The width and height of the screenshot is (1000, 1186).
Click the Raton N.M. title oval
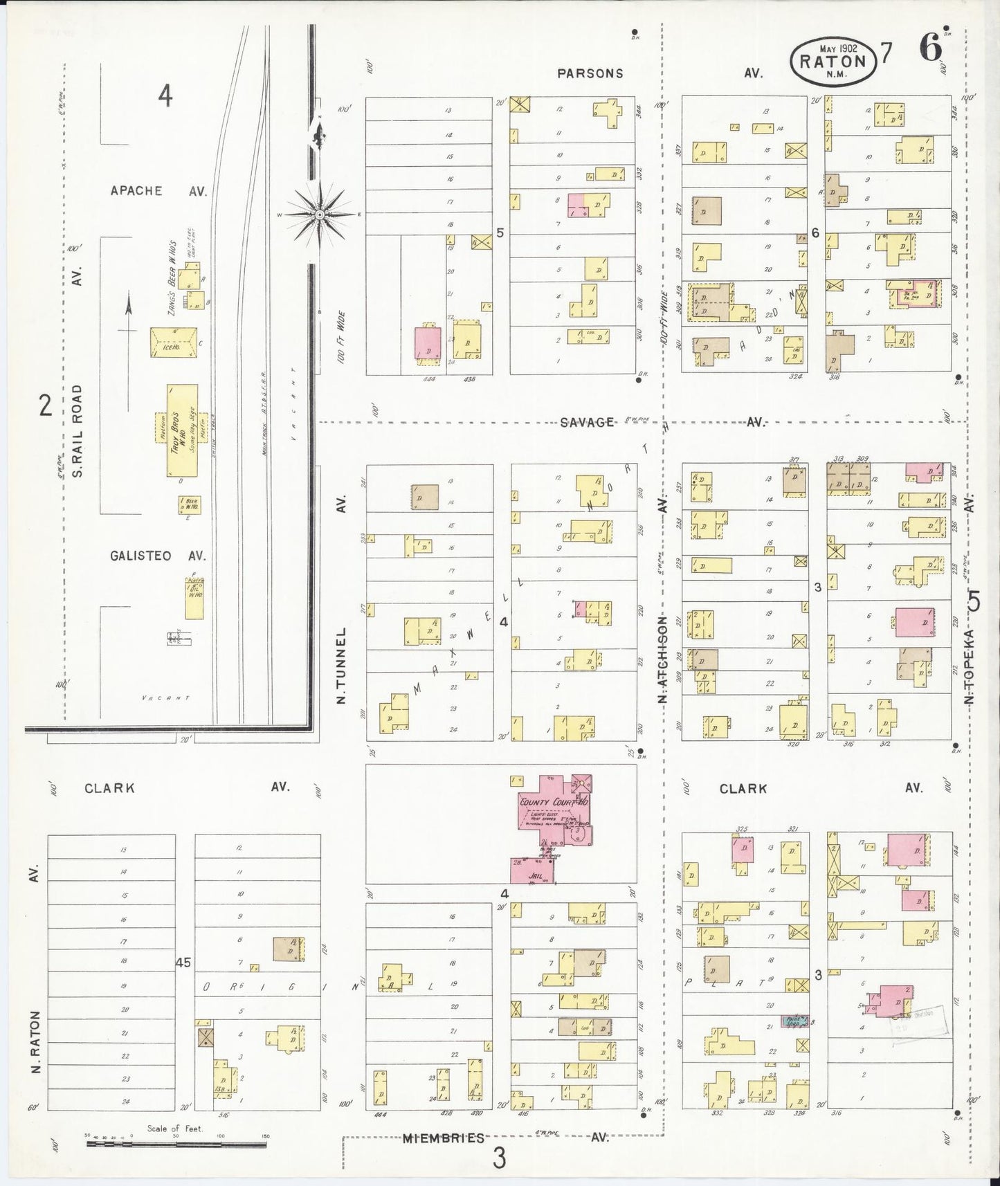(833, 60)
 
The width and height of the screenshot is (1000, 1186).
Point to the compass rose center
(320, 215)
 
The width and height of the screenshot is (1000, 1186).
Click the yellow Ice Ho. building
(174, 343)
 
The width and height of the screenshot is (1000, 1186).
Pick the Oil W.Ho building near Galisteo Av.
(194, 598)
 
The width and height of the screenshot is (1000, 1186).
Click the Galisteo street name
(138, 556)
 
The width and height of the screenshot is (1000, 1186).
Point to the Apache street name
(136, 191)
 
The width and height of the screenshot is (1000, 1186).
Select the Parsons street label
(590, 73)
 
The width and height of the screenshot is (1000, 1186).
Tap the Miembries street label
(444, 1138)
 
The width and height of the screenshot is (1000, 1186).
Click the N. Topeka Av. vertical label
(970, 664)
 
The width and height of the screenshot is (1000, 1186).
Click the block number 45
(183, 963)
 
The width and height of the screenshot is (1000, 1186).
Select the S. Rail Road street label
(78, 430)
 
